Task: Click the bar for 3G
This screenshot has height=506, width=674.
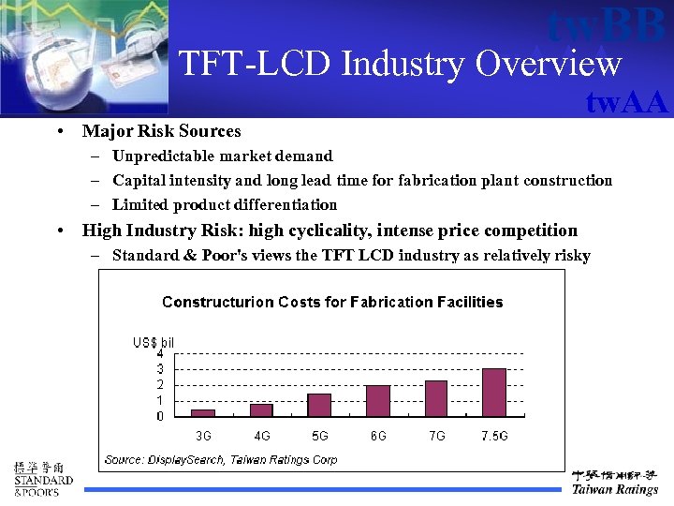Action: pos(203,412)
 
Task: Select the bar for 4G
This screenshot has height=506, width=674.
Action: pos(261,409)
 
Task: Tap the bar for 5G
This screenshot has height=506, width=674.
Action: pos(320,405)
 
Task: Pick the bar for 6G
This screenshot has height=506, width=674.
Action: pos(378,400)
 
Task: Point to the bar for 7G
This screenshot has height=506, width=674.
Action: pos(436,398)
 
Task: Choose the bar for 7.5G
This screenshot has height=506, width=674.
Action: pos(494,392)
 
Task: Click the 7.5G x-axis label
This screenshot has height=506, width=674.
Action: pos(494,436)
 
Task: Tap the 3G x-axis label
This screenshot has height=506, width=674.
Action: pos(203,436)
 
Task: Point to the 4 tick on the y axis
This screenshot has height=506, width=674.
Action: pos(160,354)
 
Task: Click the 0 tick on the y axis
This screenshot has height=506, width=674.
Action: pos(160,416)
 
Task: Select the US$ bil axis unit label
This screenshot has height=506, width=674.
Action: pos(153,343)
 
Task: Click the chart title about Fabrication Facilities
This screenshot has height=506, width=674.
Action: pos(332,302)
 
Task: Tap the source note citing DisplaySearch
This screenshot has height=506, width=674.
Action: pos(221,460)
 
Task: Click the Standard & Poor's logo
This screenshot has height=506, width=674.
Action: pos(42,480)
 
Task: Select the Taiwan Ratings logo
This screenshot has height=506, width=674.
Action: pos(615,482)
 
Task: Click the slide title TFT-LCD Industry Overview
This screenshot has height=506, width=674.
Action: pos(400,64)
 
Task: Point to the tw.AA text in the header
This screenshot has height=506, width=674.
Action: pos(626,101)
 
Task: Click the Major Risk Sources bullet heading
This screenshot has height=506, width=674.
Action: pos(161,131)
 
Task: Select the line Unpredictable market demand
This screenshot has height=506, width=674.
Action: pos(222,156)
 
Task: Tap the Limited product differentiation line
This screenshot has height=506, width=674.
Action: pos(225,204)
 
